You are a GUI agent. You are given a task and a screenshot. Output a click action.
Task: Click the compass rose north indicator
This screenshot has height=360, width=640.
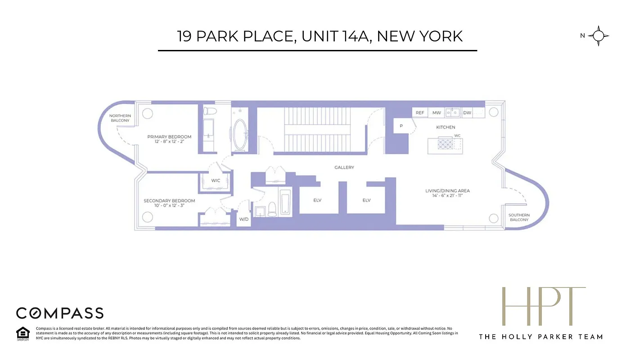coord(598,36)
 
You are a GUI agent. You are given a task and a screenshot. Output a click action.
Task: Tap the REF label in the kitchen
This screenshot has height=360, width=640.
coord(419,113)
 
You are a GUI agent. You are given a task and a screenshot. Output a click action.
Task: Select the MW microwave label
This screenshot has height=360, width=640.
coord(437,113)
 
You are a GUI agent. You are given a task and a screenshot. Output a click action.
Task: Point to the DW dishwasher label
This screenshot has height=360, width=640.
coord(467,113)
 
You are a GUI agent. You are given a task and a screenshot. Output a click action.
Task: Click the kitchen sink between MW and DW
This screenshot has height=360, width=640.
coord(452,112)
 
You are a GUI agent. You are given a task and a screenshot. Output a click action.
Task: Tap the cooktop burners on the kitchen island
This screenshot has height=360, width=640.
coord(445,144)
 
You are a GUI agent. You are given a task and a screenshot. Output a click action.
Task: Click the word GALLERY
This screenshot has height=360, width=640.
coord(344,167)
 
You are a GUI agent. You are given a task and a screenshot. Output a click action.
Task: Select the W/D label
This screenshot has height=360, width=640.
coord(244,220)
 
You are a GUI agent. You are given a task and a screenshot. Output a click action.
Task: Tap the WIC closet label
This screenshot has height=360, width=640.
coord(216,180)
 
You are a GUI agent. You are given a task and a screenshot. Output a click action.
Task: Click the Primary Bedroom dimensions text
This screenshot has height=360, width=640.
coord(169,142)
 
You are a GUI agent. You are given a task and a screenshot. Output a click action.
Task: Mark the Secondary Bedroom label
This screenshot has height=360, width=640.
coord(169,201)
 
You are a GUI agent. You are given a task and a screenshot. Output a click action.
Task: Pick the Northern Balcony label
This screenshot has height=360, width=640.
coord(120,118)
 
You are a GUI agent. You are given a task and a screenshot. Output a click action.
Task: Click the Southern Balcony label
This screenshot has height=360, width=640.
coord(519,217)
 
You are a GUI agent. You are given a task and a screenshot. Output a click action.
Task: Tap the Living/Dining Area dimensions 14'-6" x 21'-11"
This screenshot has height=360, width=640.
coord(447,196)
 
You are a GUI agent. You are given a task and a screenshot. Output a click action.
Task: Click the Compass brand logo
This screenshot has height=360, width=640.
coord(60,313)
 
